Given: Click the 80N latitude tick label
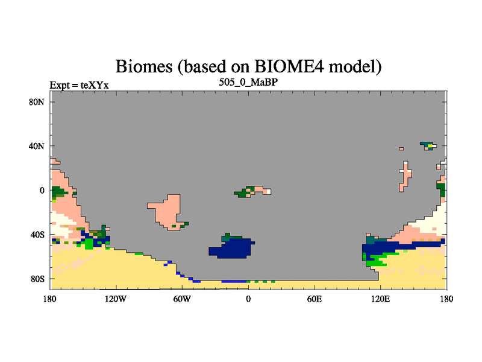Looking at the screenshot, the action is coord(37,102).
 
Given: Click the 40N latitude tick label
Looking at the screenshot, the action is coord(37,146).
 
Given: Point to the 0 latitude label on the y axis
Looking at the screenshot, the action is coord(42,191).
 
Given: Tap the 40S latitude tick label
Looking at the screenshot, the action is coord(37,235).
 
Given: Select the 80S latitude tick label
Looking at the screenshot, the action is coord(37,279).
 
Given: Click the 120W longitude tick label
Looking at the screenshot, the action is coord(115,299).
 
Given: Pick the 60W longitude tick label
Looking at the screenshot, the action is coord(182,299).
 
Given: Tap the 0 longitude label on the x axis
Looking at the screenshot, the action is coord(248,299).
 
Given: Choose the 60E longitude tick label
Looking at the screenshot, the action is coord(315,299).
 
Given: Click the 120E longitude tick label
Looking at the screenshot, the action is coord(381,299).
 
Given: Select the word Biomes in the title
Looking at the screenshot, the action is coord(144,66).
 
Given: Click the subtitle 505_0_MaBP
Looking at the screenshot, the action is coord(248,82).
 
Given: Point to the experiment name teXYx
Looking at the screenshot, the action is coord(95,85).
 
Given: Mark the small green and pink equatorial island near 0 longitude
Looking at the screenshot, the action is coord(252,191).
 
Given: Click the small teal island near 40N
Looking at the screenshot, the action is coord(428,146).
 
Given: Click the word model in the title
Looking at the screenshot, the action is coord(355,66).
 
